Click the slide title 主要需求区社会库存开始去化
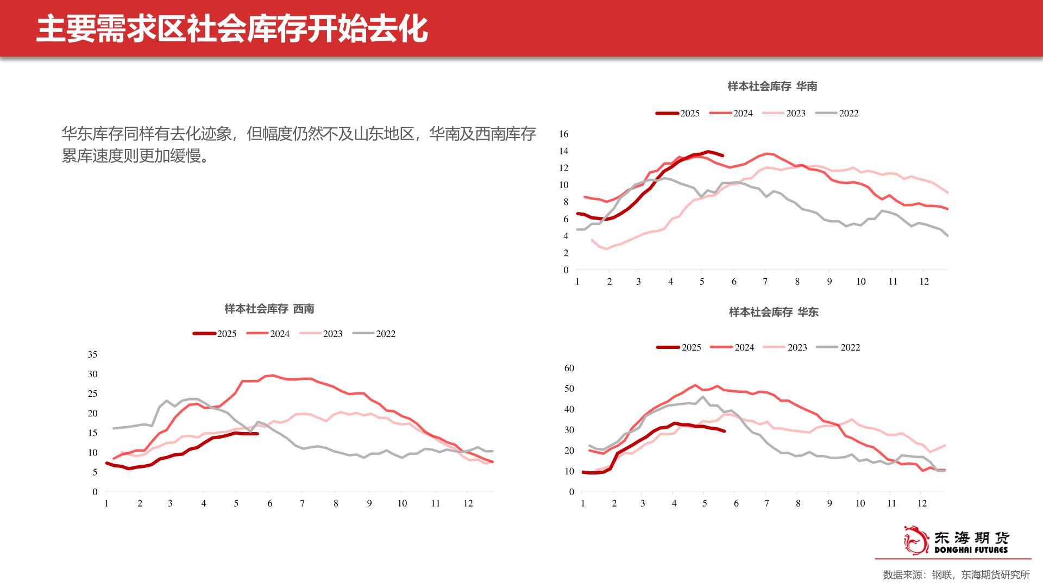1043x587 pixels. coord(232,29)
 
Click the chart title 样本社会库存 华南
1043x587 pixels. coord(772,86)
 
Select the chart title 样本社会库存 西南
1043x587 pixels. coord(269,309)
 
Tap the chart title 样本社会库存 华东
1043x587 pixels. coord(773,312)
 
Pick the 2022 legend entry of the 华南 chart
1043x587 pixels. coord(838,113)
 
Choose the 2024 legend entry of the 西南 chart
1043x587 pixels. coord(268,334)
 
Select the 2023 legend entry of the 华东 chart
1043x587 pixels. coord(786,347)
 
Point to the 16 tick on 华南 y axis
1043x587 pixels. coord(564,134)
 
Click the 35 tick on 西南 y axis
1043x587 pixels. coord(92,354)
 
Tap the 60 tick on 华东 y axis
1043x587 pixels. coord(569,368)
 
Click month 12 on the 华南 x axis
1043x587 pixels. coord(923,282)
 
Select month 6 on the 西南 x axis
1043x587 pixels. coord(269,503)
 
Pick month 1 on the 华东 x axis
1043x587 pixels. coord(583,503)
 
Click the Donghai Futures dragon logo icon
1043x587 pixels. coord(916,540)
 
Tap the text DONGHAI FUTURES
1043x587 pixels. coord(971,550)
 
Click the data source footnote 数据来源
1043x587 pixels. coord(956,574)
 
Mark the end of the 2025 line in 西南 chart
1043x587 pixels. coord(257,434)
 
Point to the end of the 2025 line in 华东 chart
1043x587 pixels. coord(724,431)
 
